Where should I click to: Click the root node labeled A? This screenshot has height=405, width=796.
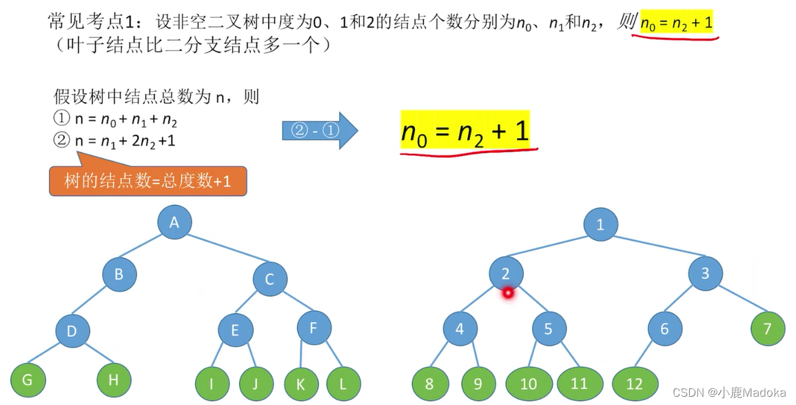click(174, 222)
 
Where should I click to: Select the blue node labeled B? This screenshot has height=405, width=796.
click(119, 274)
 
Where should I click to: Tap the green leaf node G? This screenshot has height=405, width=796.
click(28, 379)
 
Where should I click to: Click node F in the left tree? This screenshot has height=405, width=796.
click(314, 327)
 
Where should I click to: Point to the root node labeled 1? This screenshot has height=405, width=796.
click(600, 224)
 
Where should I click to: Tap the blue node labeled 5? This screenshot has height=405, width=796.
click(548, 328)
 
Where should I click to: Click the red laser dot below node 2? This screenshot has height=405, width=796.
click(509, 293)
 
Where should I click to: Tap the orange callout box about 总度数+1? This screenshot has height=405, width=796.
click(147, 181)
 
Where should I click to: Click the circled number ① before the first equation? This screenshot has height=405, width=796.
click(61, 118)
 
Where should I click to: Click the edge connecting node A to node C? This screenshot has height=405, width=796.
click(222, 252)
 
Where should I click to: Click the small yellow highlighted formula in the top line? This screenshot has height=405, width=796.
click(676, 25)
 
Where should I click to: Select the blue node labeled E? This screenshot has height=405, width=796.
click(235, 330)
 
